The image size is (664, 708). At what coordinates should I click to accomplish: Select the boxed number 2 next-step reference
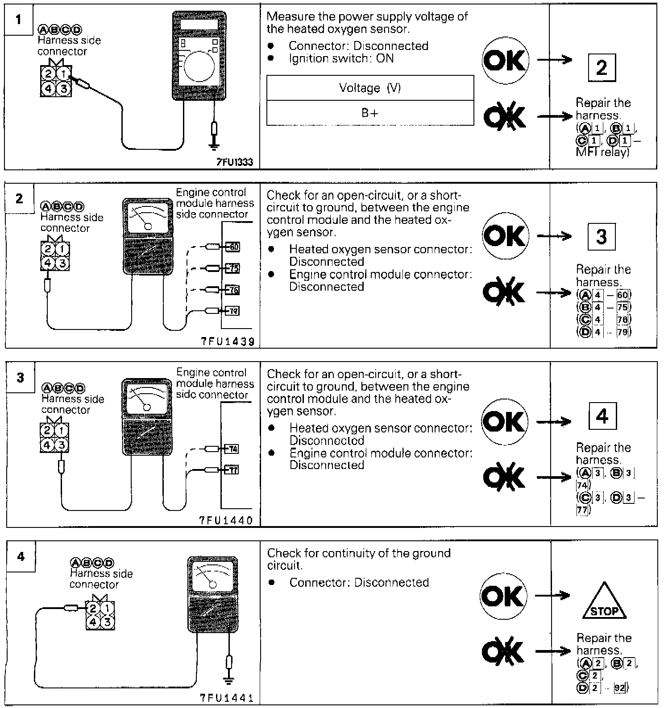tap(602, 68)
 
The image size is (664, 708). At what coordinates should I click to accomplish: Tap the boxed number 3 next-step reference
tap(601, 236)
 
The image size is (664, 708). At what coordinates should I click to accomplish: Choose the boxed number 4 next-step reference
tap(602, 416)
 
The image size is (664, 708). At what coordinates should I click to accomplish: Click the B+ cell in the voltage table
tap(370, 113)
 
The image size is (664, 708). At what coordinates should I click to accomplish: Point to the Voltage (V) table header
tap(370, 88)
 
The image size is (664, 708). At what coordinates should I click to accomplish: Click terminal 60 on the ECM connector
tap(233, 247)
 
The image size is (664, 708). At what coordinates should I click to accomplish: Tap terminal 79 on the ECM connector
tap(233, 311)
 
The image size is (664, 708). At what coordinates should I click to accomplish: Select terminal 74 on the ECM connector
tap(233, 449)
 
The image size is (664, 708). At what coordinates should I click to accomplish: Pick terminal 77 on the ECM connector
tap(233, 469)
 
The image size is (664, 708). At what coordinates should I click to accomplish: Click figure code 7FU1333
tap(235, 162)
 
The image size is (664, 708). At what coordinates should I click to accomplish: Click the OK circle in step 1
tap(505, 60)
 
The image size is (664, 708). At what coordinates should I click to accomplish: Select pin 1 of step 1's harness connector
tap(63, 74)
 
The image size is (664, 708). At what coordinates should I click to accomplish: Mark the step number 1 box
tap(18, 20)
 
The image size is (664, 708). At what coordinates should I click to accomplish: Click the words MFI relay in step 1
tap(602, 152)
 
